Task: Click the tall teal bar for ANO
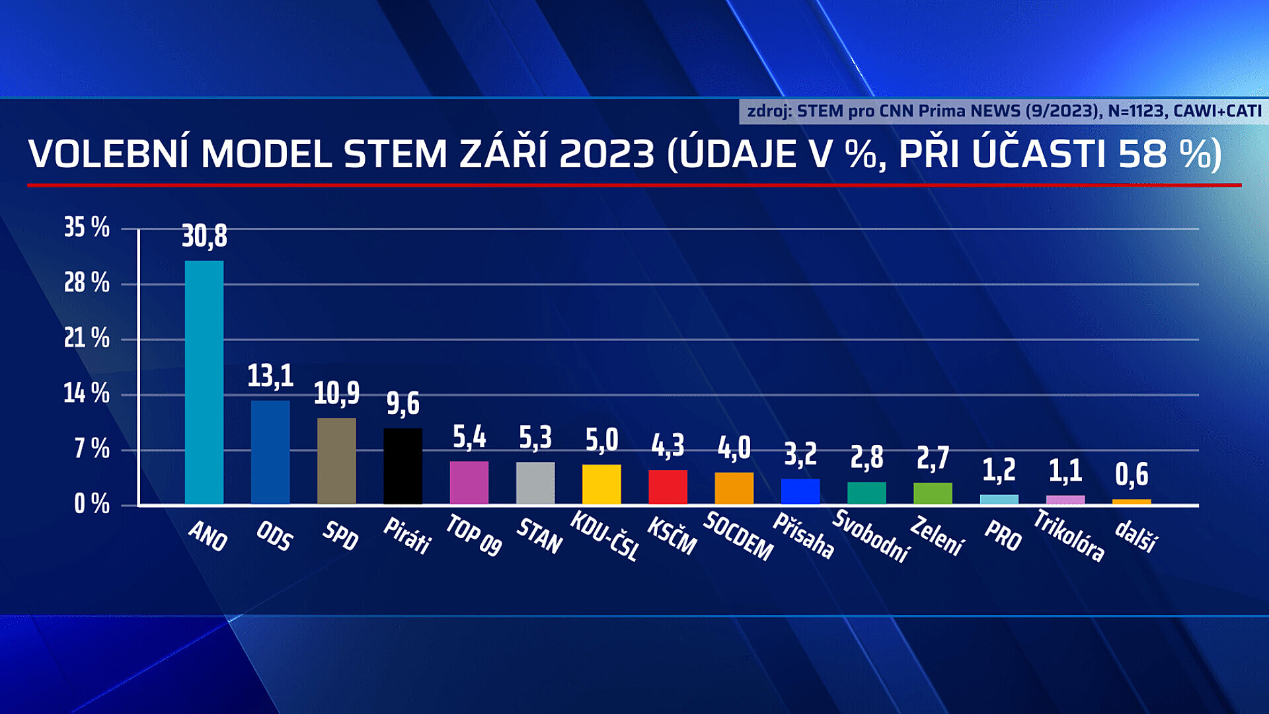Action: click(204, 382)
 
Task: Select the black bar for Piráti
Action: click(403, 466)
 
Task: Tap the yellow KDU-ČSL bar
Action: click(601, 485)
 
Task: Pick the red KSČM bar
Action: click(668, 487)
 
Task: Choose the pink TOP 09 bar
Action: click(469, 483)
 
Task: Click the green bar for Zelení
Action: click(933, 493)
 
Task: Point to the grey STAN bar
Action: click(535, 483)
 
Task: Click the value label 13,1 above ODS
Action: click(270, 376)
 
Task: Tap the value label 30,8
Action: click(204, 236)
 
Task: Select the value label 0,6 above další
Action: click(1132, 474)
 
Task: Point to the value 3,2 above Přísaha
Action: click(800, 454)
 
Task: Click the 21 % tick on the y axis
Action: click(87, 338)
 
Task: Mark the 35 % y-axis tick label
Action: click(87, 227)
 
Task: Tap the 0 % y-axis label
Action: click(91, 504)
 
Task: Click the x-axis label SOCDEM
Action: click(738, 536)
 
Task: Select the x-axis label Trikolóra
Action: click(1069, 536)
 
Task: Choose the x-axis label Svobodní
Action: click(871, 536)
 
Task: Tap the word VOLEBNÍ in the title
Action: click(108, 154)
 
